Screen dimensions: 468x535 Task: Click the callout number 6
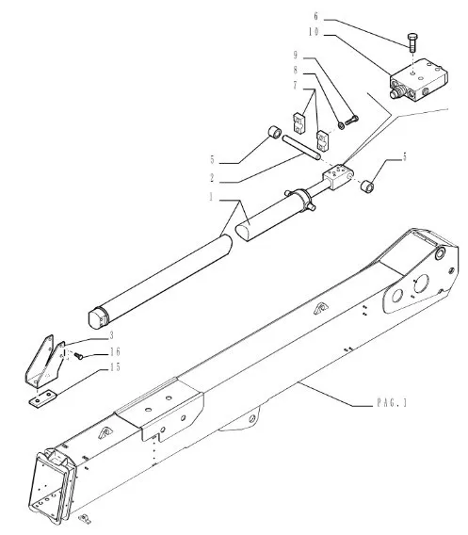click(x=315, y=16)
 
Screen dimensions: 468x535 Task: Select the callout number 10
click(x=314, y=32)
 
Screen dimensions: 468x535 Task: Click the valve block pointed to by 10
click(x=418, y=79)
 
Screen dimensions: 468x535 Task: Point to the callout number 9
click(x=296, y=56)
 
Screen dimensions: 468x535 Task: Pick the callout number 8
click(x=296, y=71)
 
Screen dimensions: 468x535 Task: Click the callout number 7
click(x=296, y=86)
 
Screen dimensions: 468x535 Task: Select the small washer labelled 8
click(x=341, y=125)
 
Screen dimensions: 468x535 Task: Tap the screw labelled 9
click(x=351, y=121)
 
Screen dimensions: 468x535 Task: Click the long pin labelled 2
click(x=301, y=147)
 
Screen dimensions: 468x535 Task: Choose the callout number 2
click(x=212, y=178)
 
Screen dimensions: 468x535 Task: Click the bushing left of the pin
click(x=274, y=133)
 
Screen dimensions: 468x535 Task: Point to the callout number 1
click(x=212, y=197)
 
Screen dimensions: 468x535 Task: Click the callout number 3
click(x=111, y=335)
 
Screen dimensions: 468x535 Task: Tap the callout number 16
click(x=115, y=351)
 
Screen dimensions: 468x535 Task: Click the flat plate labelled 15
click(x=42, y=398)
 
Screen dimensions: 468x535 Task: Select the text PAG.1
click(x=392, y=403)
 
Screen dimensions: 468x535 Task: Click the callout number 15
click(x=115, y=367)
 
